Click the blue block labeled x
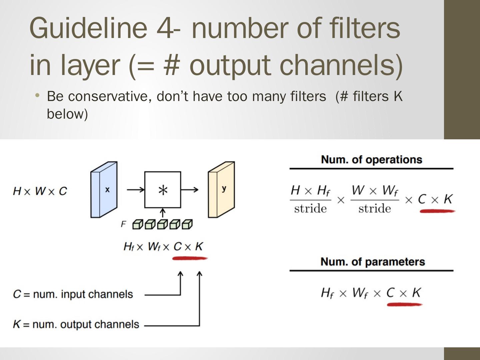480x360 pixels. (104, 189)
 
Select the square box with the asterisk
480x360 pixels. (163, 190)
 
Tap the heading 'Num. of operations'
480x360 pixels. (371, 160)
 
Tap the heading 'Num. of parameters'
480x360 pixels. (372, 262)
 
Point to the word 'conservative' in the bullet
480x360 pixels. (110, 96)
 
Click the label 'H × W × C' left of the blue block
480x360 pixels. (40, 191)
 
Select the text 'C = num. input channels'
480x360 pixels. (73, 294)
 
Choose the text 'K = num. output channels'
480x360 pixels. (76, 324)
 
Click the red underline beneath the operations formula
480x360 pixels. (437, 211)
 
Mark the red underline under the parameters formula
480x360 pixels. (404, 304)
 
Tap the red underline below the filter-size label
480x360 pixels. (189, 258)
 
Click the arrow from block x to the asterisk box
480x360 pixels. (135, 190)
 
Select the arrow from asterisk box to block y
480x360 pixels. (190, 190)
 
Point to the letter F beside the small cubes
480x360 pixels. (123, 224)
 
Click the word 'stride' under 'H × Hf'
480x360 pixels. (310, 209)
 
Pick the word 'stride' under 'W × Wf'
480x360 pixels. (374, 209)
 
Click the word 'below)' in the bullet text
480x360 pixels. (67, 114)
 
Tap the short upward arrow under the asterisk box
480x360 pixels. (163, 213)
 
